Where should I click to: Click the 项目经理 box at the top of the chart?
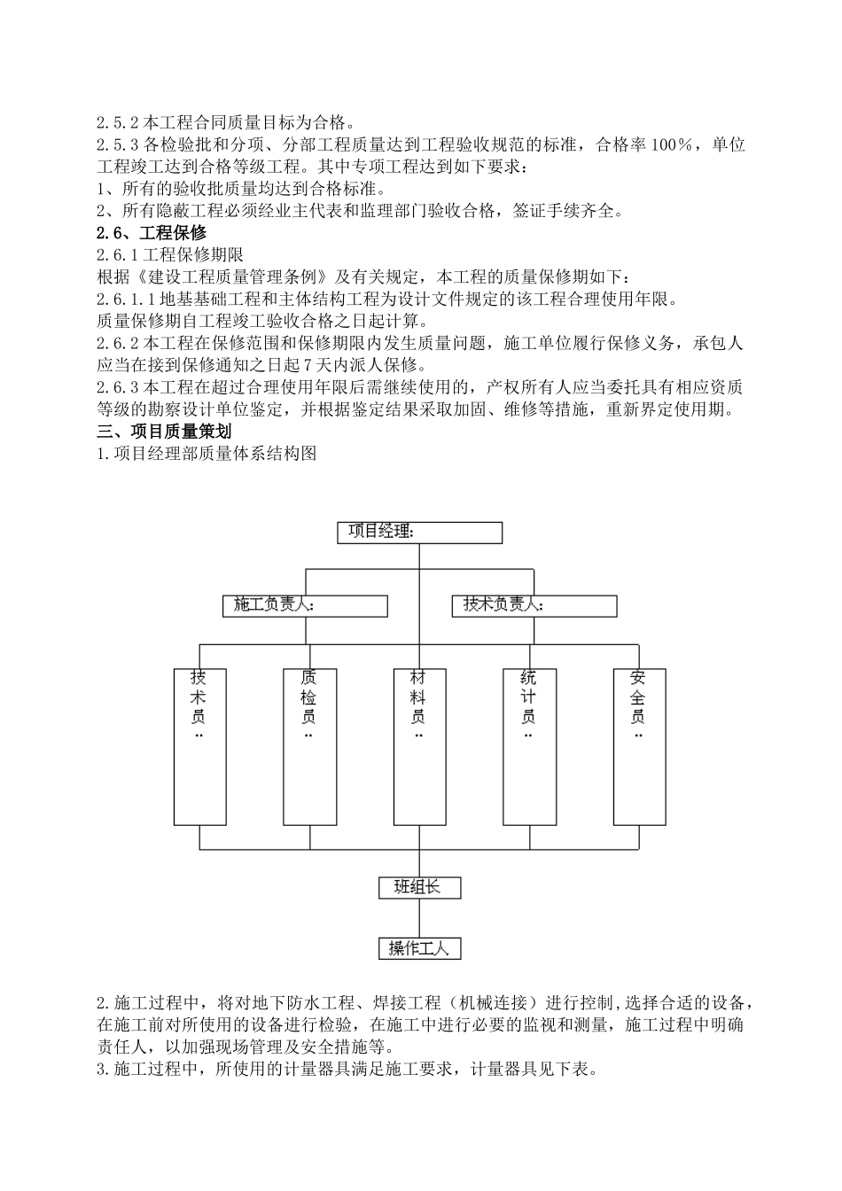coord(419,532)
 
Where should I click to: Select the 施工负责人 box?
coord(305,605)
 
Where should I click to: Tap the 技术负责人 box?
coord(534,605)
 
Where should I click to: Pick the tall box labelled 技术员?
coord(199,746)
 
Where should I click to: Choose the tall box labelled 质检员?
coord(308,746)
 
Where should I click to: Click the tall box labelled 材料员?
coord(418,746)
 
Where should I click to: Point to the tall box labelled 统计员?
coord(528,746)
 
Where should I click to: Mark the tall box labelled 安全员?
coord(638,746)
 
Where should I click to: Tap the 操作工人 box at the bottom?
coord(418,948)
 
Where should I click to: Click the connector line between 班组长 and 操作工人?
coord(418,917)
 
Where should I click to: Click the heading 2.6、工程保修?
coord(151,233)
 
